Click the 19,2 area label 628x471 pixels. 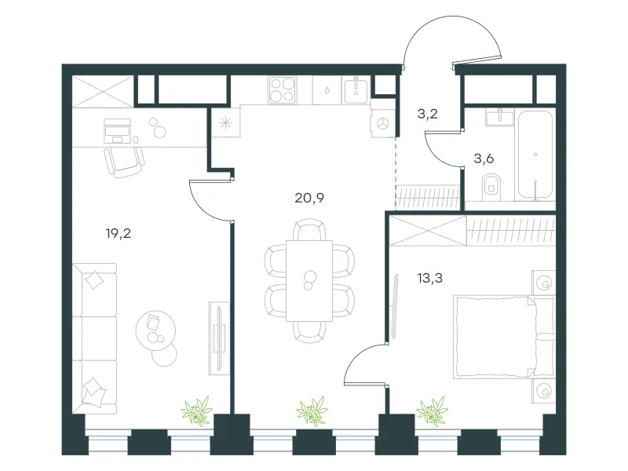[x=119, y=233]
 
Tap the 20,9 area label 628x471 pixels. [x=309, y=198]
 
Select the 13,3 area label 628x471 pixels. [x=429, y=278]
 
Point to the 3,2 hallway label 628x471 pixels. [x=427, y=114]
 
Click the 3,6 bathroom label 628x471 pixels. [x=484, y=159]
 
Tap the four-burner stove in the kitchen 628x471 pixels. [x=283, y=90]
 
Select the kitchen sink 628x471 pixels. [x=356, y=90]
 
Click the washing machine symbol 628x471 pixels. [x=383, y=124]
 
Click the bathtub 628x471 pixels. [x=535, y=155]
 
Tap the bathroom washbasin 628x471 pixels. [x=499, y=116]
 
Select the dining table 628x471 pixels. [x=309, y=281]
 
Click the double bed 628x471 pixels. [x=504, y=337]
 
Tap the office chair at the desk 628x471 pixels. [x=124, y=162]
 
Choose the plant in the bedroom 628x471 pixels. [x=432, y=411]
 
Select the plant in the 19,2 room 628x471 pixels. [x=197, y=411]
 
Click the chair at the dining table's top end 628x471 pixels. [x=309, y=229]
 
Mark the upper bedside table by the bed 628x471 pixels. [x=543, y=283]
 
